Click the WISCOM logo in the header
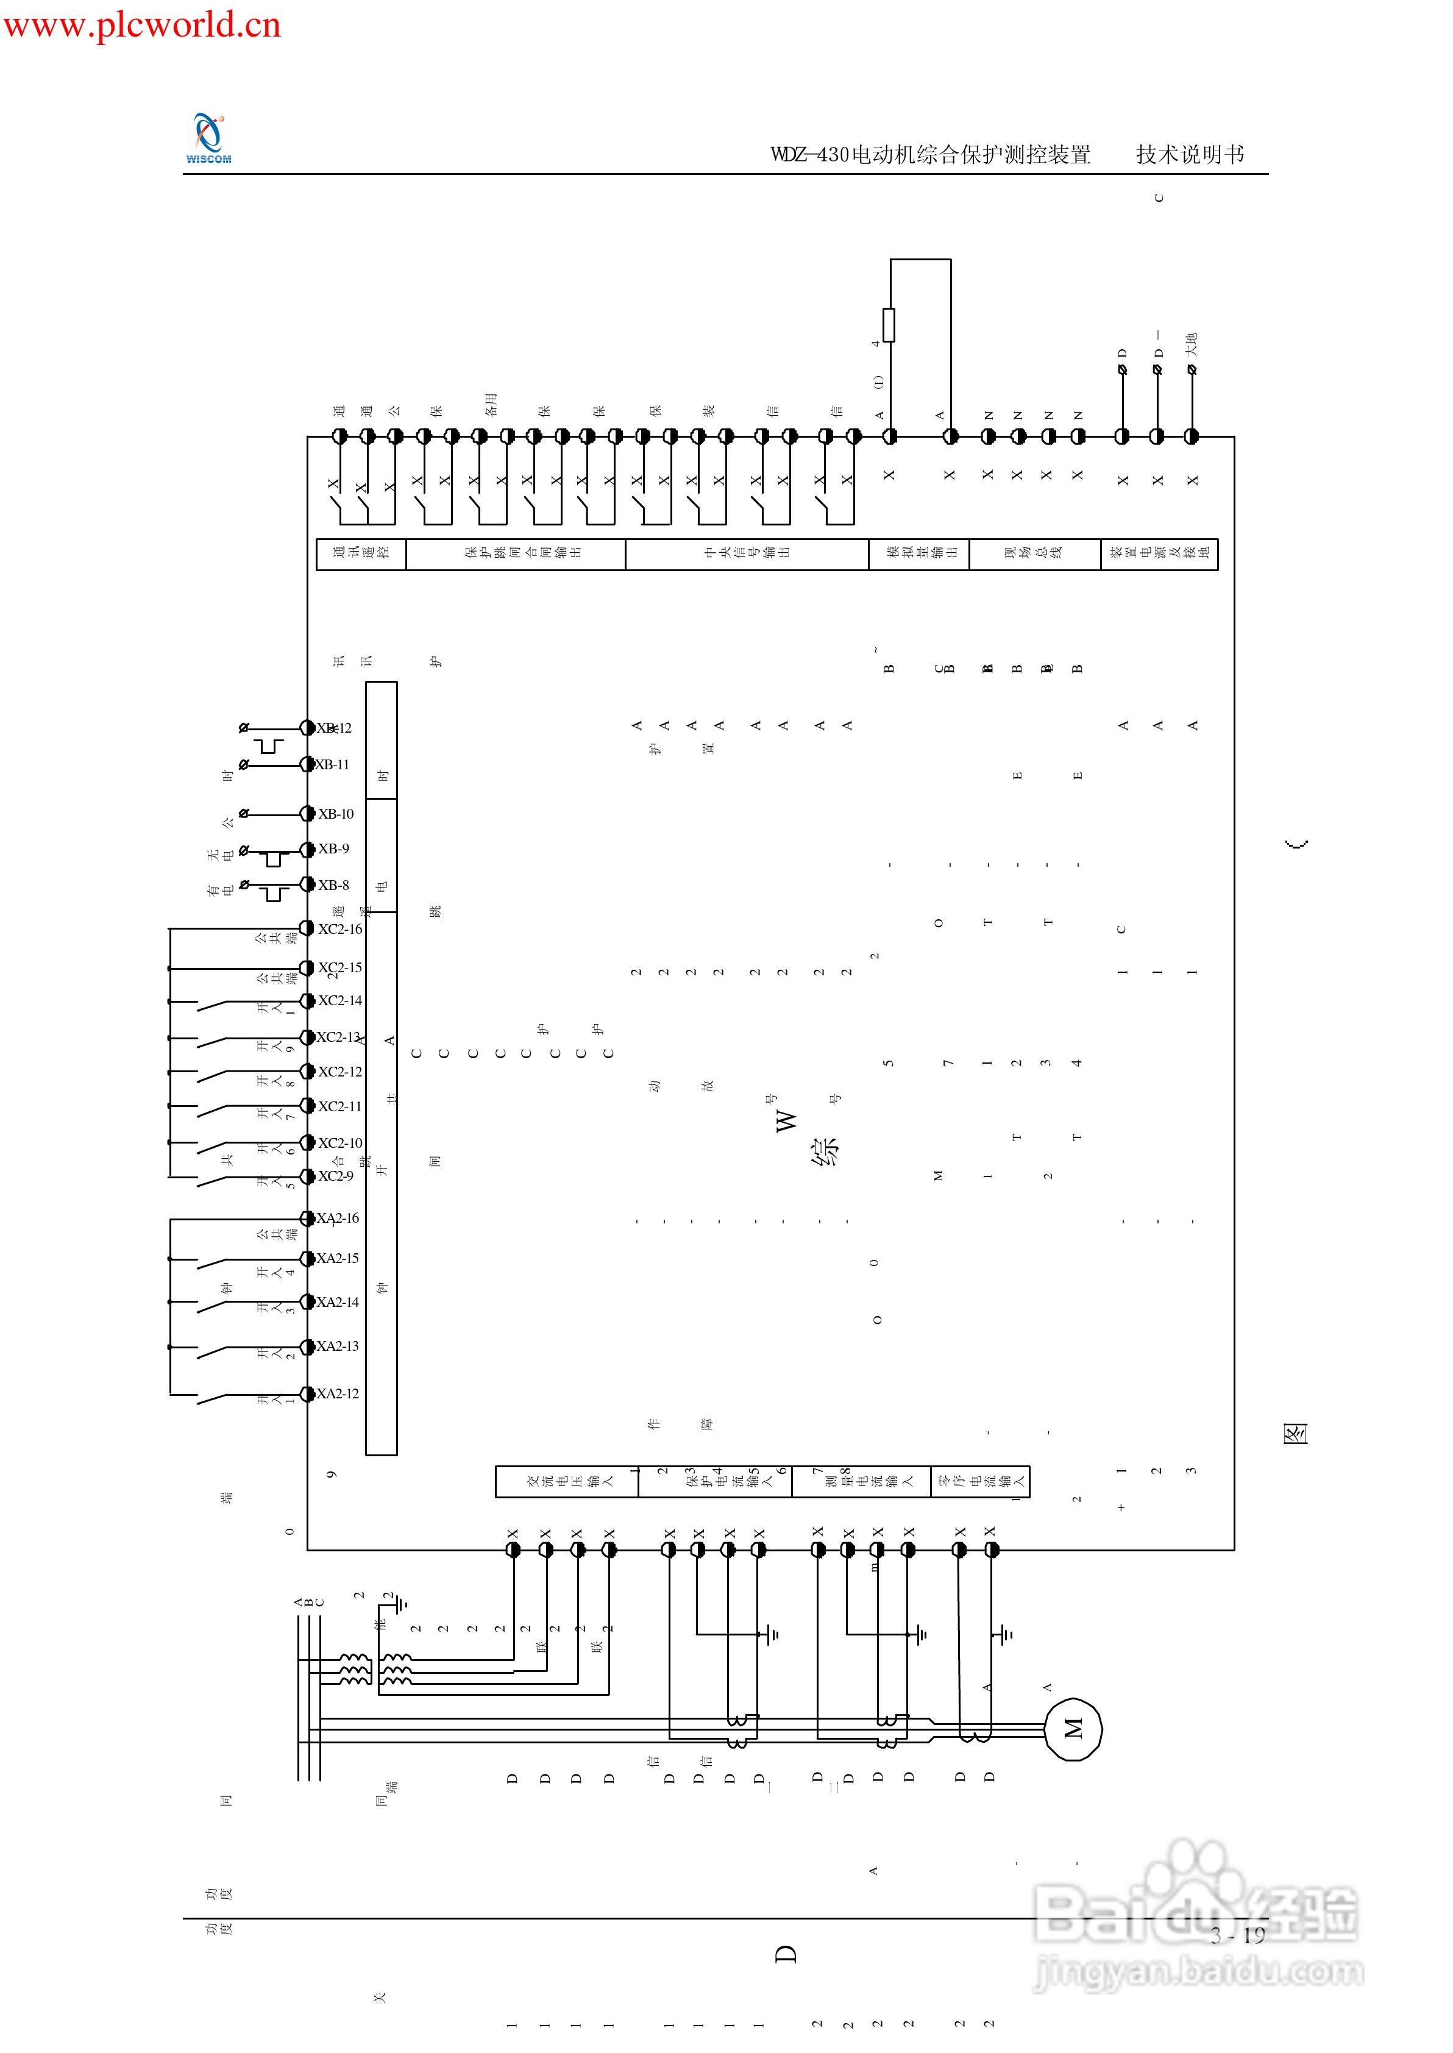[208, 138]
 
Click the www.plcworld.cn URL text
[141, 24]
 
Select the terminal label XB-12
[335, 728]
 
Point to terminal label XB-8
[334, 886]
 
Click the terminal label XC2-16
[340, 930]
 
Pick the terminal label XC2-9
[336, 1176]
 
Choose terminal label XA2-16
[337, 1219]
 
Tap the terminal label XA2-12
[337, 1393]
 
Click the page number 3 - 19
[1238, 1936]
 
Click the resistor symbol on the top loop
[889, 325]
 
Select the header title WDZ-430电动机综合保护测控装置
[931, 155]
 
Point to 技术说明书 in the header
[1190, 155]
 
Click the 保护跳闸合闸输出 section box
[516, 553]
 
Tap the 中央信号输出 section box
[747, 553]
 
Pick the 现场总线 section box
[1034, 553]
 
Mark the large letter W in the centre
[786, 1121]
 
